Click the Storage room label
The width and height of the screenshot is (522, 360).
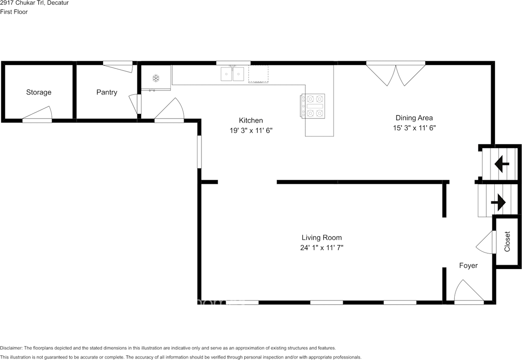pyautogui.click(x=39, y=92)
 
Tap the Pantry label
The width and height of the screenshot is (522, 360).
pyautogui.click(x=107, y=92)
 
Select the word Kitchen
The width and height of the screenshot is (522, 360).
pyautogui.click(x=251, y=120)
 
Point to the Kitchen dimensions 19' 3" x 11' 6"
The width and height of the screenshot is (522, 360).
pyautogui.click(x=251, y=130)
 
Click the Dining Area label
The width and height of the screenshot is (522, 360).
pyautogui.click(x=414, y=118)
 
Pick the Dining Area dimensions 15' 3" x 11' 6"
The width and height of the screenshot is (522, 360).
pyautogui.click(x=414, y=128)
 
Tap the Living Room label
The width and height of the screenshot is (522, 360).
pyautogui.click(x=322, y=238)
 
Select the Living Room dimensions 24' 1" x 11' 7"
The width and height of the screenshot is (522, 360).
pyautogui.click(x=322, y=248)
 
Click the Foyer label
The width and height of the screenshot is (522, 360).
pyautogui.click(x=469, y=266)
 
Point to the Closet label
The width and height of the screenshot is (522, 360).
pyautogui.click(x=507, y=242)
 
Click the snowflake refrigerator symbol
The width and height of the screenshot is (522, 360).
pyautogui.click(x=156, y=78)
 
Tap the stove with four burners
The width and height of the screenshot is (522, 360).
pyautogui.click(x=313, y=106)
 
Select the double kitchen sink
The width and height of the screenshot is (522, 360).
pyautogui.click(x=232, y=74)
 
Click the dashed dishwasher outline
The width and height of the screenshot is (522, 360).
pyautogui.click(x=258, y=74)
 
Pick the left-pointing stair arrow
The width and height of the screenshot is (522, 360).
pyautogui.click(x=502, y=164)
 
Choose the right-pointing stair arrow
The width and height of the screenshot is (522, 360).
pyautogui.click(x=498, y=203)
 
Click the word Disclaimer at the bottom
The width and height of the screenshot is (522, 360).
pyautogui.click(x=11, y=348)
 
